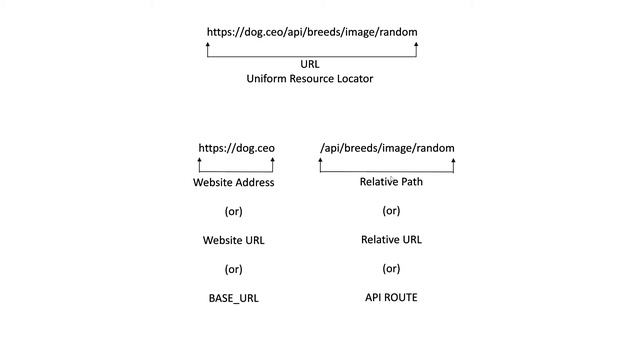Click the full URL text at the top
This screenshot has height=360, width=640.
tap(312, 32)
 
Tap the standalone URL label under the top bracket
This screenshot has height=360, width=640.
tap(310, 64)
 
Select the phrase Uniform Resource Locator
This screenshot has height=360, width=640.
tap(310, 79)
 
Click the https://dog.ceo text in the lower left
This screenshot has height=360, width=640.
tap(236, 148)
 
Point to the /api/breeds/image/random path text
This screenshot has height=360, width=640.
tap(387, 148)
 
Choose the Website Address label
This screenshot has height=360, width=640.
tap(234, 183)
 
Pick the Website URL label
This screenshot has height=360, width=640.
tap(234, 240)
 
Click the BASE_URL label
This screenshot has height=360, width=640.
tap(234, 298)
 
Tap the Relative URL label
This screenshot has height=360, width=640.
tap(391, 239)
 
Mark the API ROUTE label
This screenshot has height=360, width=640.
tap(391, 297)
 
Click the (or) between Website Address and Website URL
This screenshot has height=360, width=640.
tap(234, 212)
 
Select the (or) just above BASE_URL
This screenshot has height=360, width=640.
tap(234, 269)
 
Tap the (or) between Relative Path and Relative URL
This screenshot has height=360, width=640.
tap(391, 211)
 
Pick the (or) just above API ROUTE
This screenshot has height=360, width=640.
tap(391, 268)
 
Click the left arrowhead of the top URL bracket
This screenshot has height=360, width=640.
tap(208, 45)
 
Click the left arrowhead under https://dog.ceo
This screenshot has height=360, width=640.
tap(200, 161)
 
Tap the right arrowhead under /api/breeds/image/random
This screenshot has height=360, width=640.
tap(453, 161)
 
